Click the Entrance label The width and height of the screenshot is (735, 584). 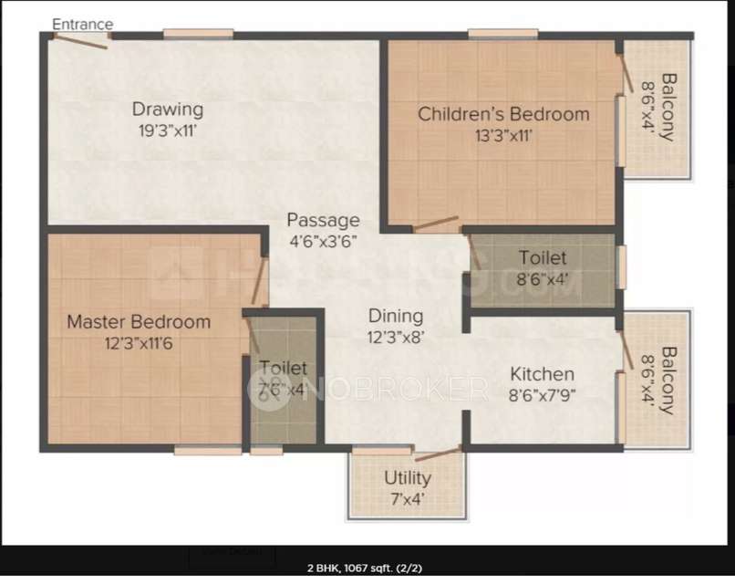[x=83, y=24]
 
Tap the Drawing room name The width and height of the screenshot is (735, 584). [x=167, y=109]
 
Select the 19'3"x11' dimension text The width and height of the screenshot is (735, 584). [x=167, y=130]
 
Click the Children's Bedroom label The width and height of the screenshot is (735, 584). [x=503, y=114]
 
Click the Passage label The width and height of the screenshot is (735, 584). [x=323, y=221]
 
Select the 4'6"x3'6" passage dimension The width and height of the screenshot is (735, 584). [x=323, y=242]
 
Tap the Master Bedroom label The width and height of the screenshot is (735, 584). [x=139, y=322]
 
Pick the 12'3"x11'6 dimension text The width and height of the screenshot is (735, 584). [x=139, y=343]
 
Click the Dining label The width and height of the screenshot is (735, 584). [x=396, y=316]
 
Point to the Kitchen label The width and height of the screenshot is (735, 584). [x=542, y=374]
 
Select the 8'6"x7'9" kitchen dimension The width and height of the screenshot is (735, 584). [x=542, y=395]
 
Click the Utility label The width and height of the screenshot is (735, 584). [x=408, y=478]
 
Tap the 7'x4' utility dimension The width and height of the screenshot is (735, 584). [x=408, y=498]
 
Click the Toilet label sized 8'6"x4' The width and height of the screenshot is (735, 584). [x=543, y=258]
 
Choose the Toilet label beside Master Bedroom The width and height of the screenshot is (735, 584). [x=283, y=368]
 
